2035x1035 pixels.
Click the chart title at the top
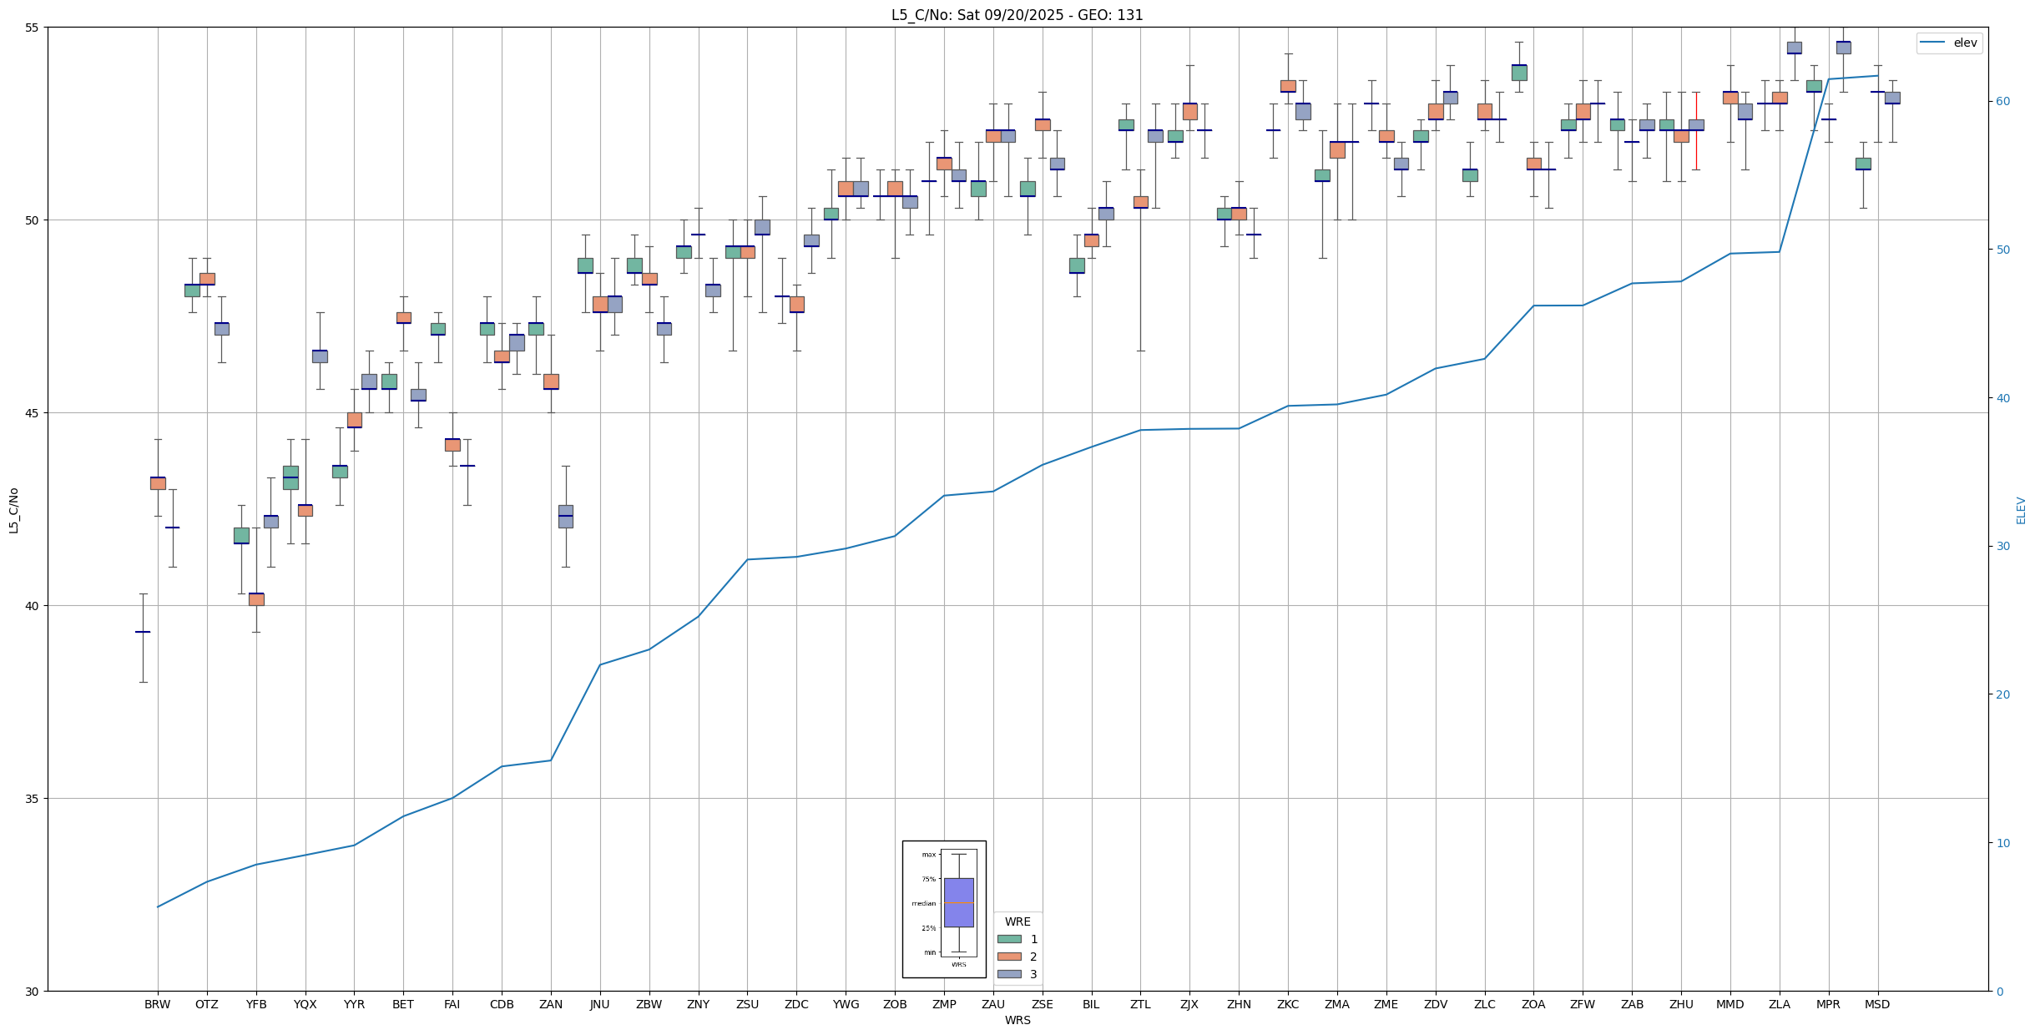tap(1017, 15)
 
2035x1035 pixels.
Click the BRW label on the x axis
tap(157, 1004)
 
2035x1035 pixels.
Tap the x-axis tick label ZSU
tap(747, 1004)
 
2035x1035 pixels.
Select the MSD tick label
tap(1877, 1004)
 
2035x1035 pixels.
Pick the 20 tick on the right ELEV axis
tap(2002, 694)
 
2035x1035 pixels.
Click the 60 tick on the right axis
tap(2002, 102)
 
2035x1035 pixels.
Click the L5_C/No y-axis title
tap(13, 510)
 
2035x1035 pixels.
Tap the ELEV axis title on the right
tap(2021, 510)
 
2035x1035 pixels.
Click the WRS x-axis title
tap(1017, 1020)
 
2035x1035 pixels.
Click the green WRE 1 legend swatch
tap(1009, 939)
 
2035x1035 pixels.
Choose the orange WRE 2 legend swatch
tap(1009, 957)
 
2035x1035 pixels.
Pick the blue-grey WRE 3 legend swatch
tap(1009, 974)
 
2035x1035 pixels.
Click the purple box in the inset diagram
tap(958, 901)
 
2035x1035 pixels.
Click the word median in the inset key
tap(923, 903)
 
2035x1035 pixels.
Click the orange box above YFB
tap(256, 599)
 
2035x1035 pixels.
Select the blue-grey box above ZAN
tap(566, 516)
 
